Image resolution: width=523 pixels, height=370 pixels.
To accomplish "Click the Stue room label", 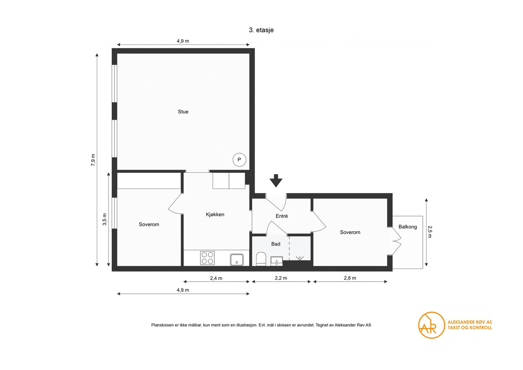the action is tap(183, 111).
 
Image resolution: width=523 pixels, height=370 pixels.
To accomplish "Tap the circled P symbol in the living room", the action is tap(239, 160).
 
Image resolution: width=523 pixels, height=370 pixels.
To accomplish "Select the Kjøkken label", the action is tap(215, 214).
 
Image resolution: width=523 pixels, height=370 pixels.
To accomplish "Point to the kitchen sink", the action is tap(237, 260).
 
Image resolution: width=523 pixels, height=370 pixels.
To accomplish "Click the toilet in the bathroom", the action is tap(261, 259).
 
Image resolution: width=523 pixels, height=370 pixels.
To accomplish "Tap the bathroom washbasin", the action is tap(277, 261).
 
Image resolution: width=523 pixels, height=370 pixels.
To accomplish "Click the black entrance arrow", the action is tap(276, 181).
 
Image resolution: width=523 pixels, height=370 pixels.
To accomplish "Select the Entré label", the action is tap(281, 216).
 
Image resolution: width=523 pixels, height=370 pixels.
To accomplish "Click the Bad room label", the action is tap(276, 244).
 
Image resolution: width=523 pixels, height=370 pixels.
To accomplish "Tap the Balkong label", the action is tap(408, 227).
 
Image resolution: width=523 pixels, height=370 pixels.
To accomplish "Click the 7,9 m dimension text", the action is tap(93, 160).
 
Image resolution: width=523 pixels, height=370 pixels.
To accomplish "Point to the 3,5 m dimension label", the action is tap(105, 219).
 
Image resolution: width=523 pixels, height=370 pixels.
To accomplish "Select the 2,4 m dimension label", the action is tap(216, 278).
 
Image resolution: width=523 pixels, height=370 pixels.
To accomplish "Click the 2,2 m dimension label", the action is tap(281, 278).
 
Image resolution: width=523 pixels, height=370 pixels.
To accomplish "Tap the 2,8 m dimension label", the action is tap(350, 278).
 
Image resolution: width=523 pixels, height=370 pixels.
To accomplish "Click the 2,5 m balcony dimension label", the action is tap(430, 231).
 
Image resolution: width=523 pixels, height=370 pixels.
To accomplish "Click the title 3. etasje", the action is tap(261, 30).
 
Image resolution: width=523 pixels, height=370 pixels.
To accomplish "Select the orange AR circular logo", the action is tap(431, 325).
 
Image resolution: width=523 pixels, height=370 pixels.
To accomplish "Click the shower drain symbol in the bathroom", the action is tap(299, 258).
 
